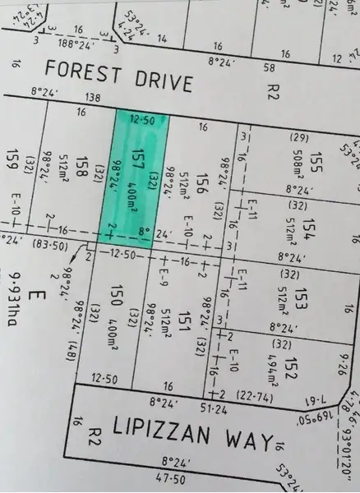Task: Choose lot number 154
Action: coord(307,227)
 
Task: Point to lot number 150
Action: coord(118,295)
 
